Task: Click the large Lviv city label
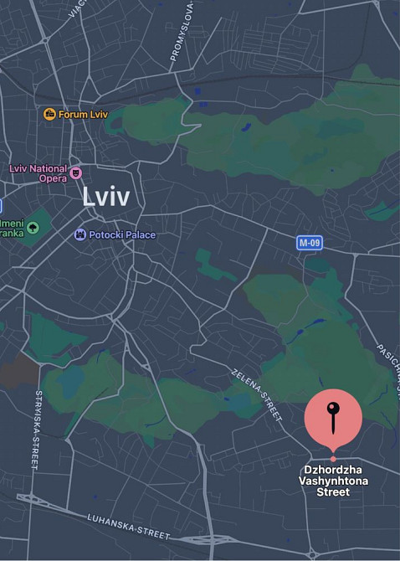tap(107, 196)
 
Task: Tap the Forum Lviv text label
tap(85, 114)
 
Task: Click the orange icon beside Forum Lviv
tap(49, 114)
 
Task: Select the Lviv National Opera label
tap(38, 172)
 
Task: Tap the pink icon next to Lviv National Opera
tap(76, 173)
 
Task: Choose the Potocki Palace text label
tap(122, 234)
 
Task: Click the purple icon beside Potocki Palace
tap(80, 234)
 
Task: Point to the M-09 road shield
tap(310, 243)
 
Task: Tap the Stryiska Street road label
tap(38, 428)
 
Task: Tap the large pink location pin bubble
tap(333, 416)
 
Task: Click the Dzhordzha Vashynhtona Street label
tap(333, 481)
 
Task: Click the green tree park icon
tap(33, 226)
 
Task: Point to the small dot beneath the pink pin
tap(333, 459)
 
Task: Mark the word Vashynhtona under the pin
tap(333, 481)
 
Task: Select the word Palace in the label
tap(140, 234)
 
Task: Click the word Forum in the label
tap(74, 114)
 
